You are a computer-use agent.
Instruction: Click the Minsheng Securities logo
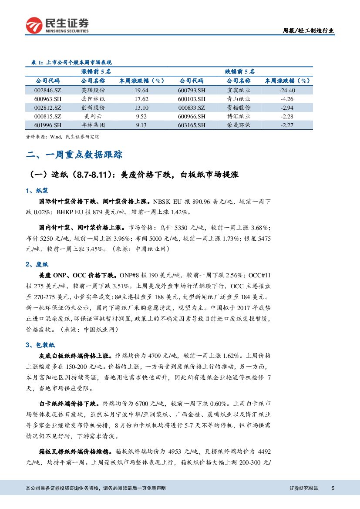pyautogui.click(x=57, y=25)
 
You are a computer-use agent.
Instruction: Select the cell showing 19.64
pyautogui.click(x=141, y=90)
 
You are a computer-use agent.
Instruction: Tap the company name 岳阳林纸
pyautogui.click(x=93, y=99)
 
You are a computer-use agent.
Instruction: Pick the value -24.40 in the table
pyautogui.click(x=287, y=90)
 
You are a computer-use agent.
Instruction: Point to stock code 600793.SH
pyautogui.click(x=192, y=90)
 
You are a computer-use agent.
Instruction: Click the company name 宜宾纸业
pyautogui.click(x=239, y=90)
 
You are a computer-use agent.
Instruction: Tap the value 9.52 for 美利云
pyautogui.click(x=141, y=116)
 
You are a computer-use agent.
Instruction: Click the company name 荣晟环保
pyautogui.click(x=239, y=125)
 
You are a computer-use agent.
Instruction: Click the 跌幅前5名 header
pyautogui.click(x=239, y=71)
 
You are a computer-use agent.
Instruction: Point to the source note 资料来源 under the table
pyautogui.click(x=63, y=137)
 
